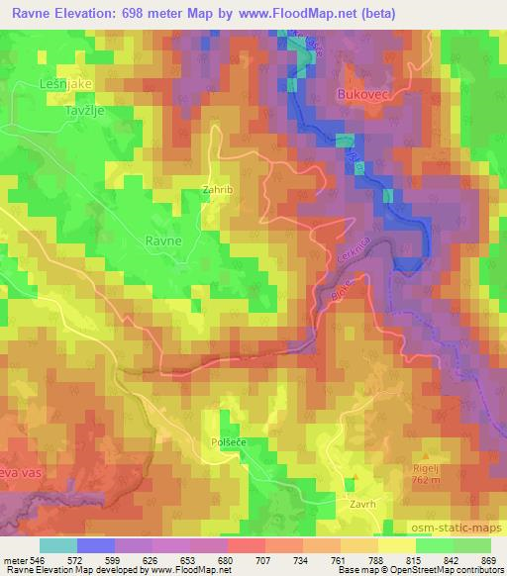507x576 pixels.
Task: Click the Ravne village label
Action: click(x=162, y=240)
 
